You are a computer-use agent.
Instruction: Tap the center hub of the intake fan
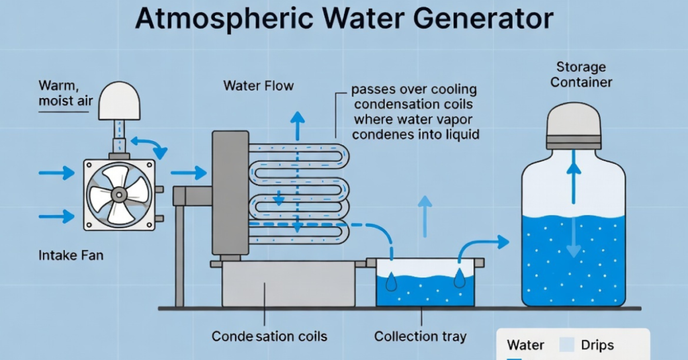click(119, 195)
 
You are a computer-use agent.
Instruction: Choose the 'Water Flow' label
click(258, 86)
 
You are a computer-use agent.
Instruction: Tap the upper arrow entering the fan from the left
click(56, 173)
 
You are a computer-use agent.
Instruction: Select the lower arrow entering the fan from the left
click(56, 216)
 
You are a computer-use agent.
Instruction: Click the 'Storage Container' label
click(581, 75)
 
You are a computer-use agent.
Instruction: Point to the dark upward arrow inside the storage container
click(573, 177)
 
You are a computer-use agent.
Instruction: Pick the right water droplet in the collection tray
click(460, 279)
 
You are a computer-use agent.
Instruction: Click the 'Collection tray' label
click(420, 336)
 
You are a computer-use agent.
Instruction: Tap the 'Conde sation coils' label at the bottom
click(269, 336)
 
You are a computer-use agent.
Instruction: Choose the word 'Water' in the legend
click(525, 345)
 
